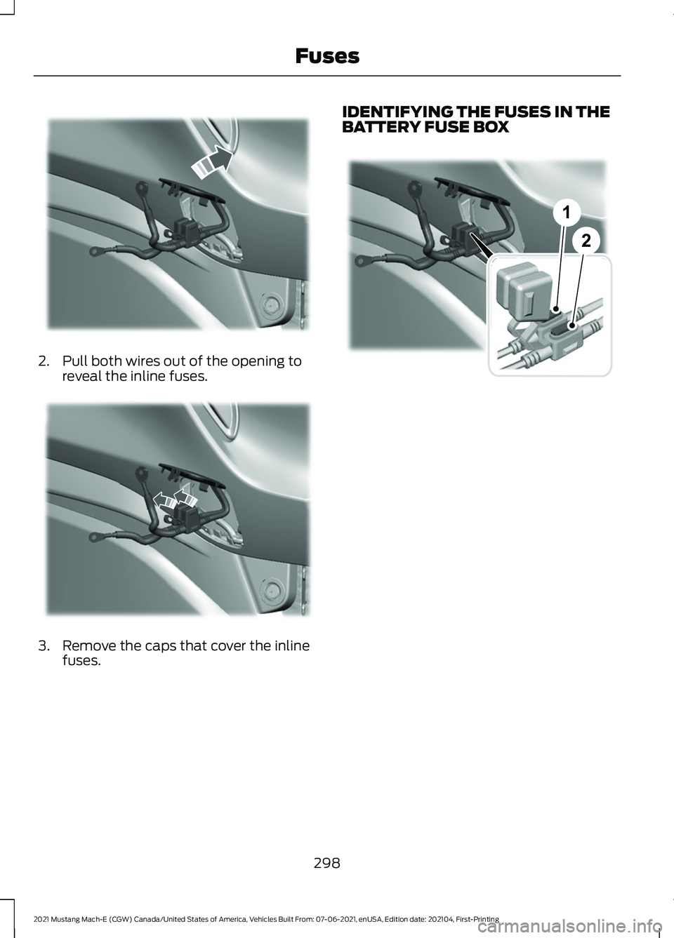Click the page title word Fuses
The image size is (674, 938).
coord(327,56)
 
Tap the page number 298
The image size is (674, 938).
coord(327,863)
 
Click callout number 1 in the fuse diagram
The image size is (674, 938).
coord(566,213)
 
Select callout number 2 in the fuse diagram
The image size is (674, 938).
coord(586,241)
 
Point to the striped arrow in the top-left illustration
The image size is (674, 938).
coord(212,163)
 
